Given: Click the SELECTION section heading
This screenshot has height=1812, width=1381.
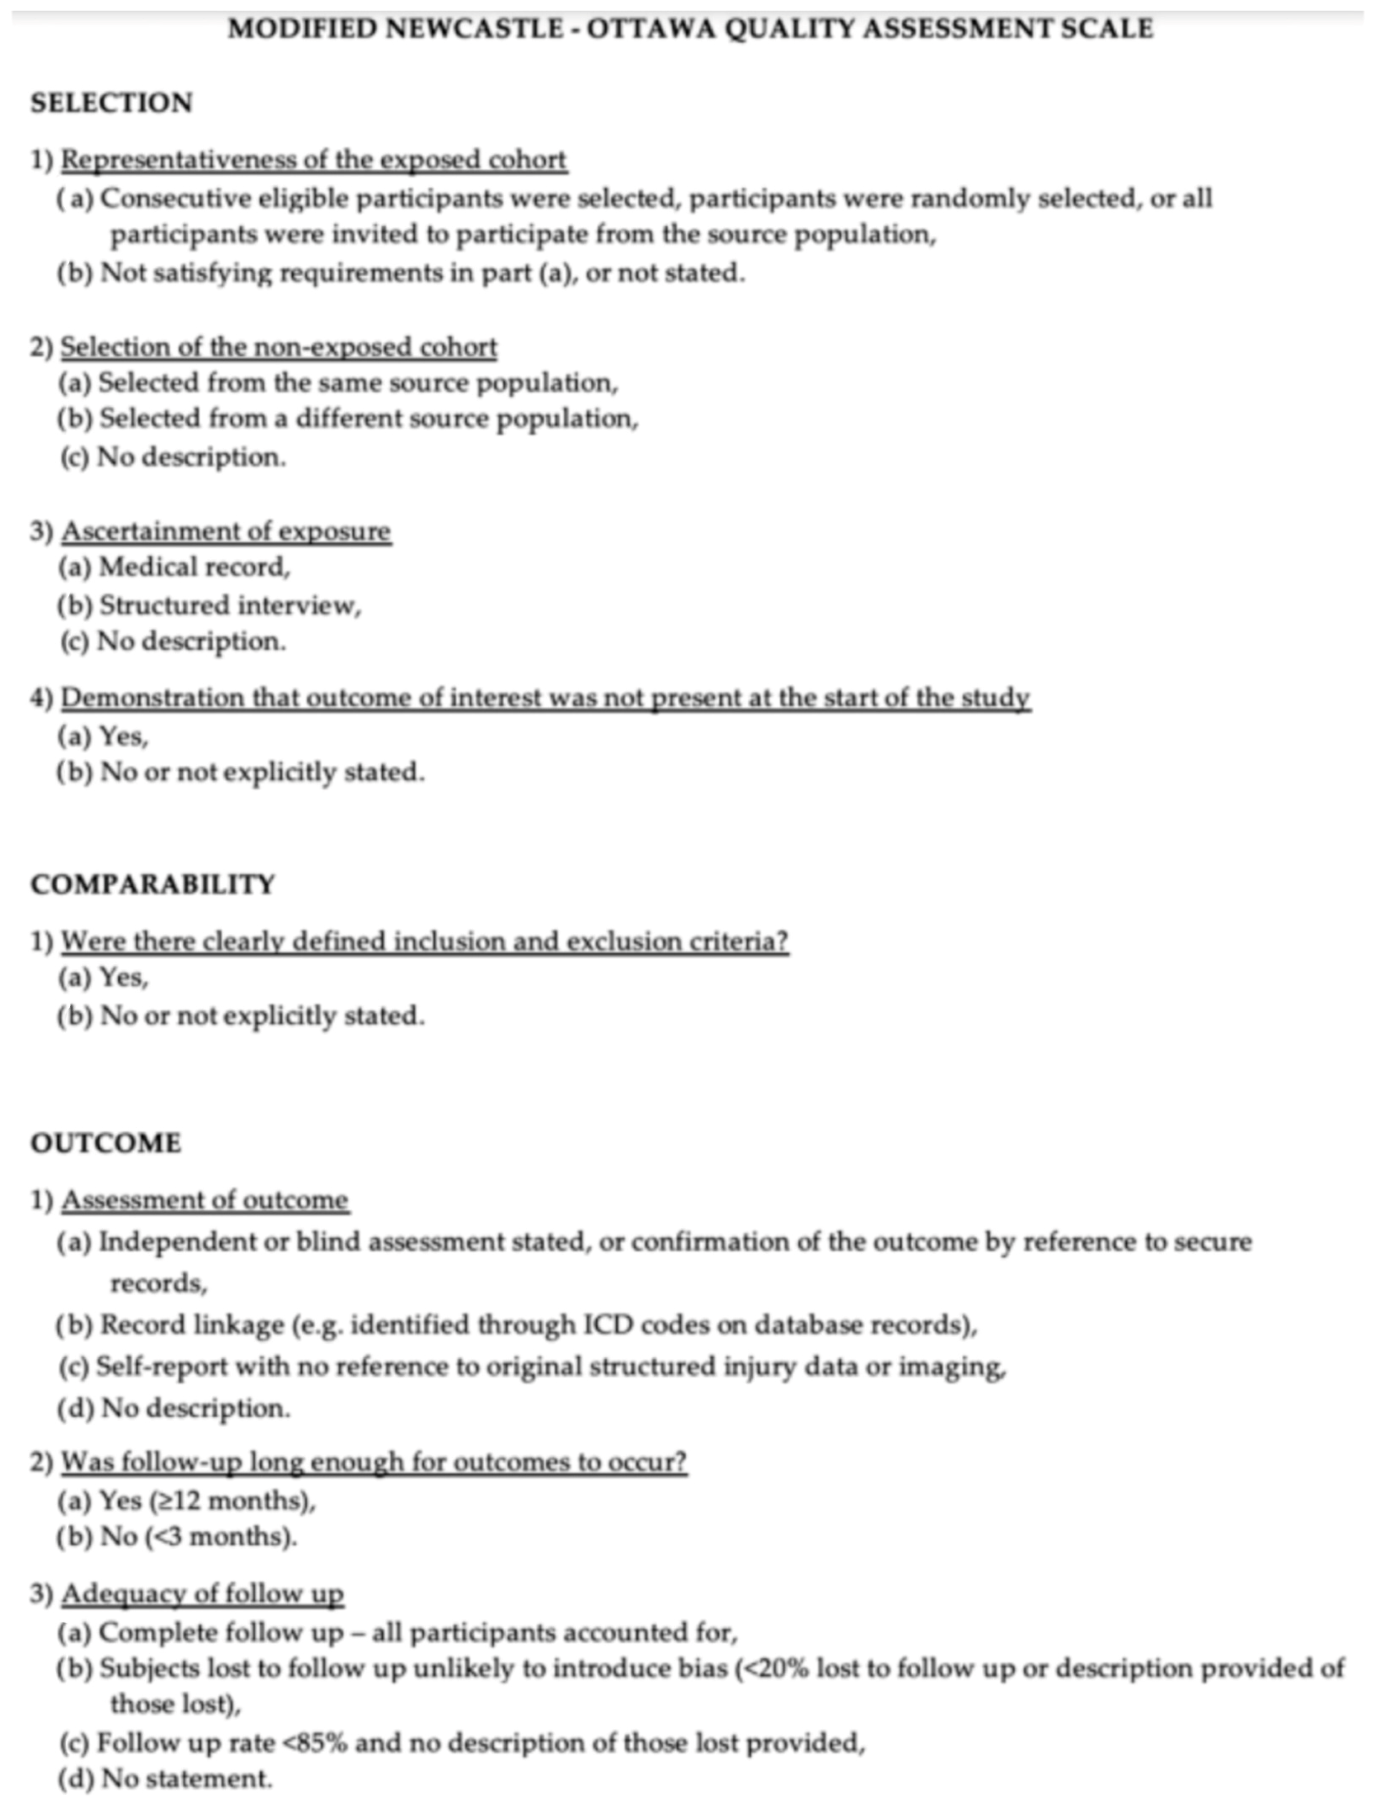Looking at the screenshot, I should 112,104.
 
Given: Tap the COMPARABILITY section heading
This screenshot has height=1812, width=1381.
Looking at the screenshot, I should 153,884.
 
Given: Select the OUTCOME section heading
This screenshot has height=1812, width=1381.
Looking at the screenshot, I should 106,1143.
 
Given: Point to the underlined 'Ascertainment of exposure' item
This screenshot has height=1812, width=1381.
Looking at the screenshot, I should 226,531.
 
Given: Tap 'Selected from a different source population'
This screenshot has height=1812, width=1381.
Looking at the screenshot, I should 368,419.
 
